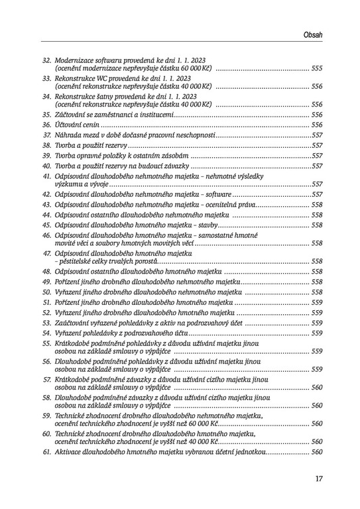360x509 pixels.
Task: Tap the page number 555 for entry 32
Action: pyautogui.click(x=316, y=68)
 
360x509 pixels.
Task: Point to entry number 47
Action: pyautogui.click(x=47, y=253)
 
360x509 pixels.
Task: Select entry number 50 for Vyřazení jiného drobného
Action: pyautogui.click(x=47, y=292)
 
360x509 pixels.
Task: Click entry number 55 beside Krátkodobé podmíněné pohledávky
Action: pyautogui.click(x=47, y=343)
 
